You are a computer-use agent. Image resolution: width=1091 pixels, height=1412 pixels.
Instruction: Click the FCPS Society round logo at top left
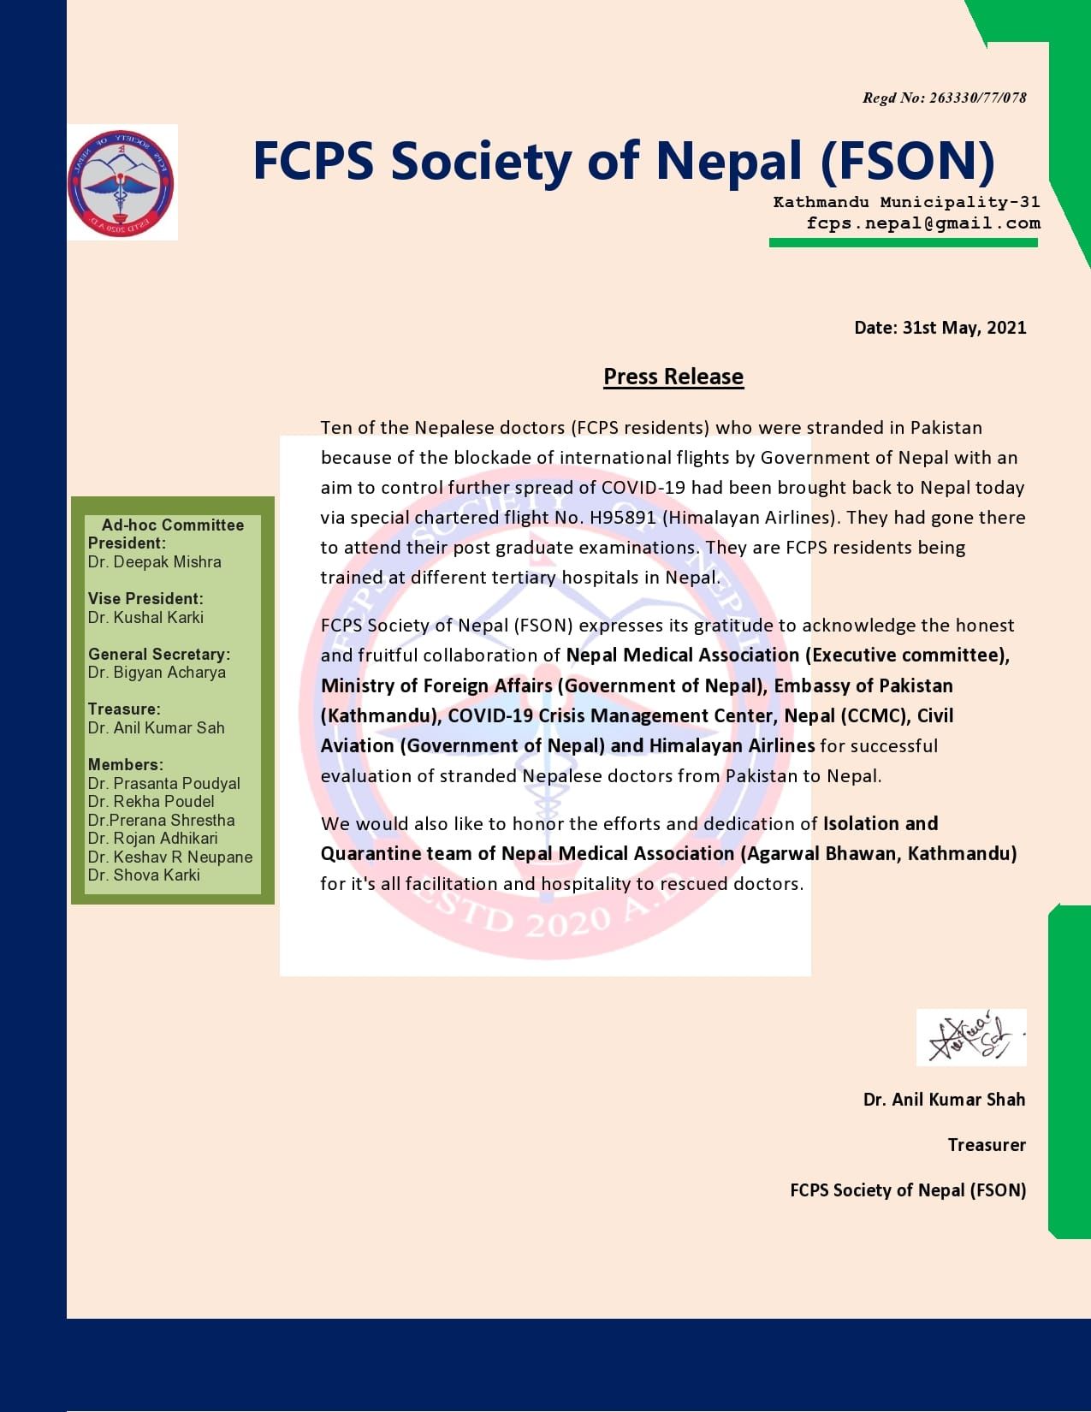(122, 182)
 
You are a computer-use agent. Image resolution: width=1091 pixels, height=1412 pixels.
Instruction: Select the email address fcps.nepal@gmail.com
(923, 223)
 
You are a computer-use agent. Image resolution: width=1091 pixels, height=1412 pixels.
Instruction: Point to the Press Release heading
(673, 377)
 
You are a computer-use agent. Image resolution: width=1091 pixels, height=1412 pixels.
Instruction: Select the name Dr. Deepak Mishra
(154, 562)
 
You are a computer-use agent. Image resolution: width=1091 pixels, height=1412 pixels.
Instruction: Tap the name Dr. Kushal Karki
(145, 617)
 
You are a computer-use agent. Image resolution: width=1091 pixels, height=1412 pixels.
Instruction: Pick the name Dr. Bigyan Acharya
(157, 673)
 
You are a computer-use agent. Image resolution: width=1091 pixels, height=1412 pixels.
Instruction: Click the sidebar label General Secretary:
(159, 654)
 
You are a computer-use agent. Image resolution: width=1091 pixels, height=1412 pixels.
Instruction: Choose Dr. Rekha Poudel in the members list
(151, 802)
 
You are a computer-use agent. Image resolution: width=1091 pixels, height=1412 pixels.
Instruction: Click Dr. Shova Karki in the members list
(144, 875)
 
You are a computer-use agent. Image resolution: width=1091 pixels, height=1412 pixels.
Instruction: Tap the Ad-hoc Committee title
(173, 525)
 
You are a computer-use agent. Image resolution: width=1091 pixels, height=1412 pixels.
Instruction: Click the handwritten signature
(970, 1036)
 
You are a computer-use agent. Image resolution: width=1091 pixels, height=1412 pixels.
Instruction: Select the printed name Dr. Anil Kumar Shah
(944, 1100)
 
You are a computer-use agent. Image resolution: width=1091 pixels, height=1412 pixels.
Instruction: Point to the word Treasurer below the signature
(987, 1145)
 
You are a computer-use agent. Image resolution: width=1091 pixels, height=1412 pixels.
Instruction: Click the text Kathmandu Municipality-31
(906, 202)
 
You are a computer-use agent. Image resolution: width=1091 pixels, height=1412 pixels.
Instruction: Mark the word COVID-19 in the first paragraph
(643, 488)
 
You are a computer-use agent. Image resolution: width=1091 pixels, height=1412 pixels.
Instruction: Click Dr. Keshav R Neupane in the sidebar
(170, 857)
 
